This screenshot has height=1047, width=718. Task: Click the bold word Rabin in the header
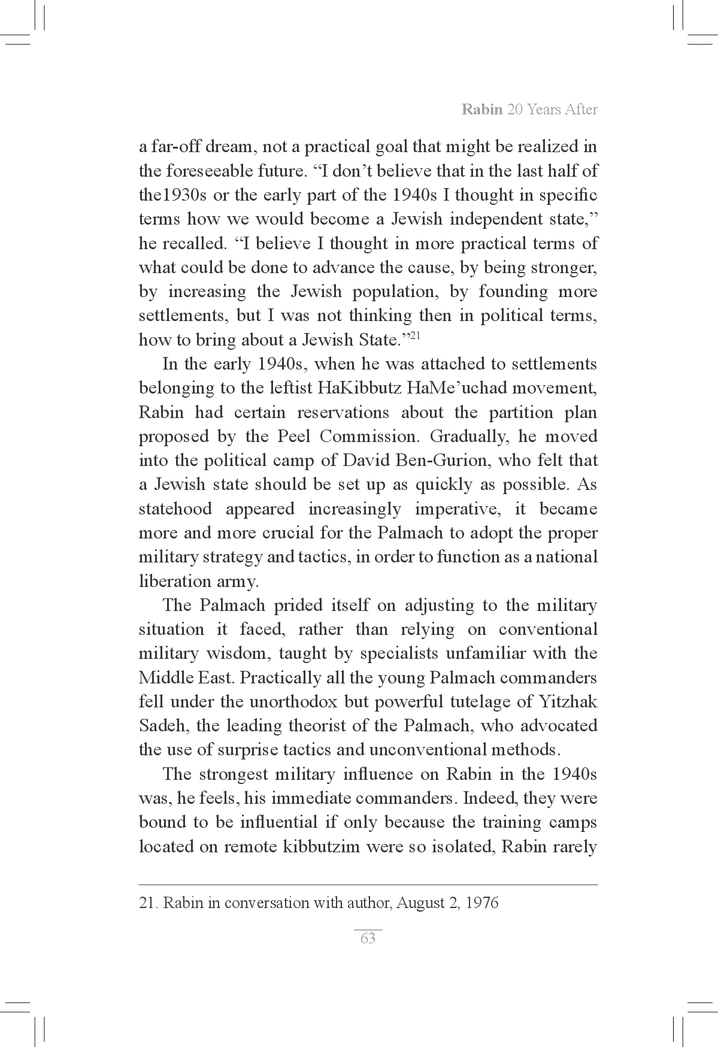pyautogui.click(x=481, y=110)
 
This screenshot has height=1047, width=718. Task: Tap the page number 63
pyautogui.click(x=368, y=939)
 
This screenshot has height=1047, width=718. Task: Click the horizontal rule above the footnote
pyautogui.click(x=368, y=884)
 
